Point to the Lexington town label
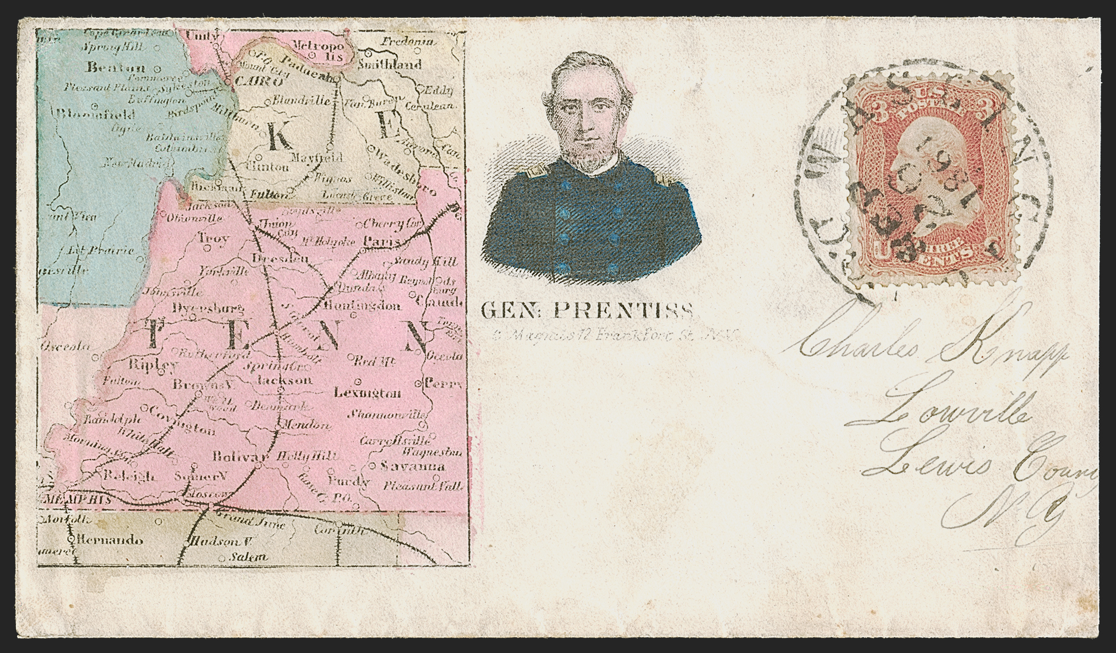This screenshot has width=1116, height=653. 367,393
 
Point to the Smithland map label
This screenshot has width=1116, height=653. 390,64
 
